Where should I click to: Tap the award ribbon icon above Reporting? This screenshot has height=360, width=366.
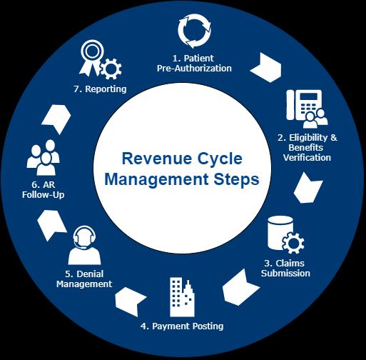pos(91,58)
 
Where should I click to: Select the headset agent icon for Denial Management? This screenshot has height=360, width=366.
pos(84,246)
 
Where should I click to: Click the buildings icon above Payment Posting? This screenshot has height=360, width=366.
pos(182,297)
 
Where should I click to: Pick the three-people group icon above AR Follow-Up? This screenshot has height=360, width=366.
pos(44,158)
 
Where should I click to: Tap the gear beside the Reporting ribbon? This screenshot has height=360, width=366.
pos(111,69)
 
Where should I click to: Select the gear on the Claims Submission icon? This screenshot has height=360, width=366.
pos(293,243)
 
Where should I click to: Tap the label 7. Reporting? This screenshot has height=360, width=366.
pos(100,89)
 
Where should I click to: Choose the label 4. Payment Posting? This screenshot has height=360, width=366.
pos(182,326)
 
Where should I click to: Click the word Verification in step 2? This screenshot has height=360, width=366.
pos(307,157)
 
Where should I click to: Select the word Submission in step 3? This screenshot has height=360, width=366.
pos(285,273)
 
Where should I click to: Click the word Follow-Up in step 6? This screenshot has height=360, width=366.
pos(44,195)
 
